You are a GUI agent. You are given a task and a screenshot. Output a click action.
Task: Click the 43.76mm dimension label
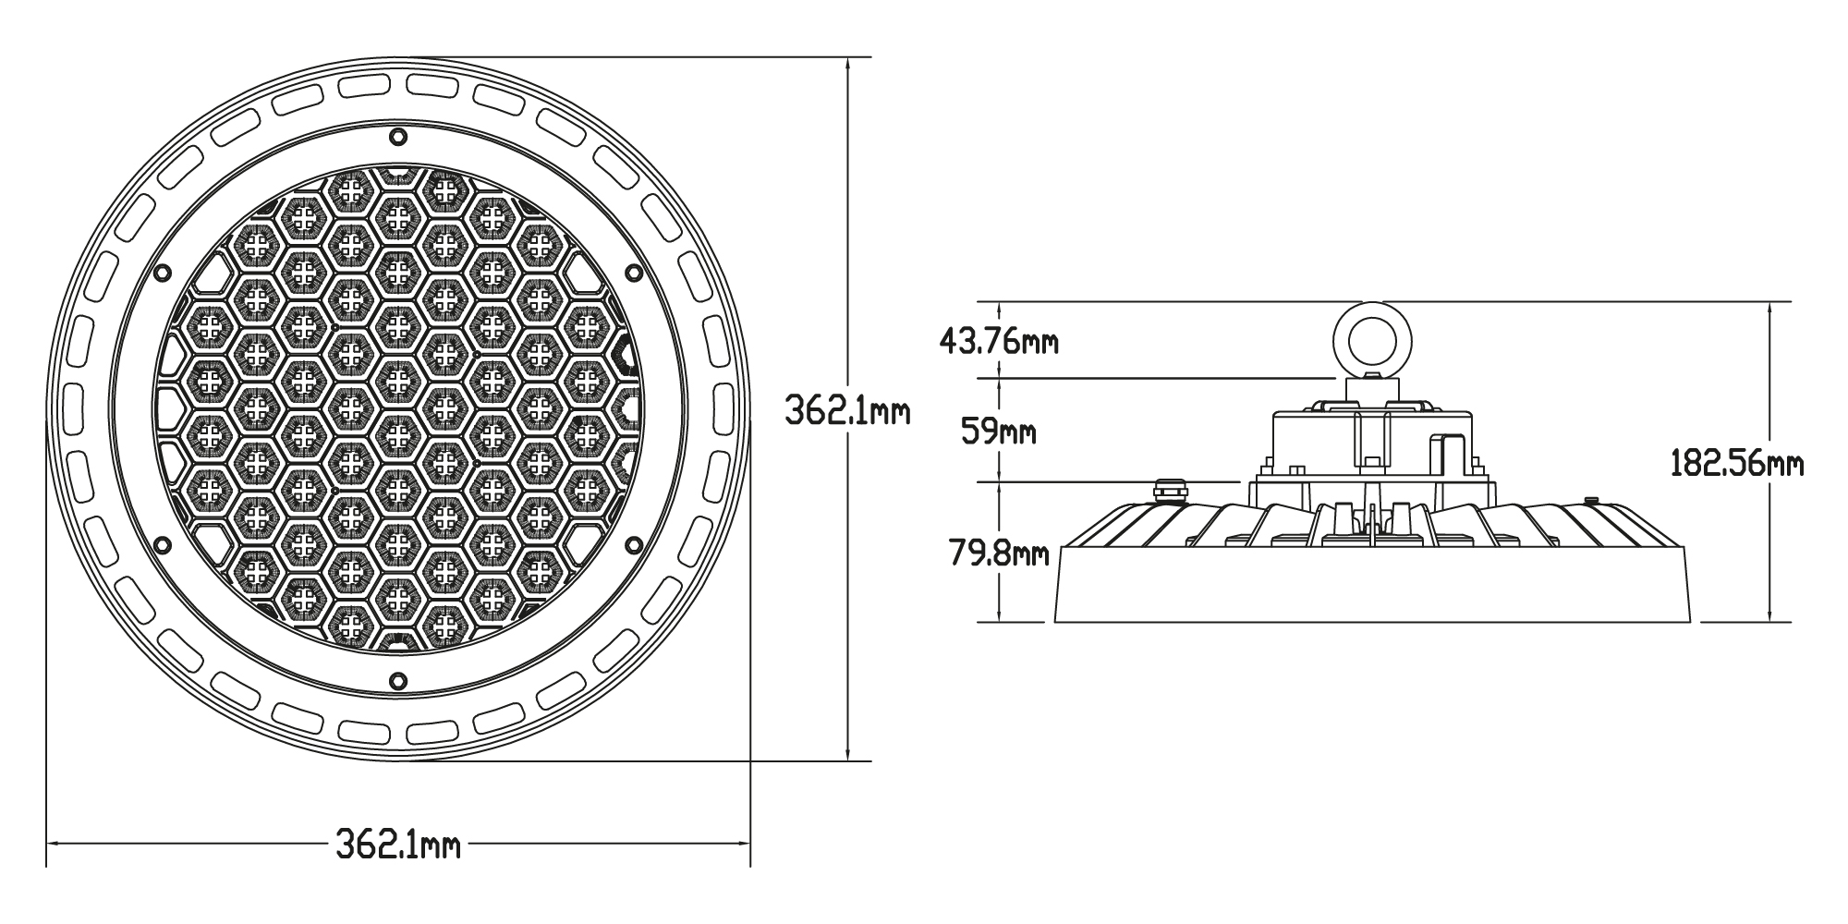(999, 342)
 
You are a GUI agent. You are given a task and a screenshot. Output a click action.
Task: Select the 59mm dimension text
(999, 431)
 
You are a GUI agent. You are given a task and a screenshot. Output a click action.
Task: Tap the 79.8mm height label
(999, 553)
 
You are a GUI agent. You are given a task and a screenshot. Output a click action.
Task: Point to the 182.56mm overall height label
(1737, 463)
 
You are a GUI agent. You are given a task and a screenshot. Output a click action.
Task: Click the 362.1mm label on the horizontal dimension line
(397, 844)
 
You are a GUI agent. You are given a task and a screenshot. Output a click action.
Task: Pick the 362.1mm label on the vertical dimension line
(847, 410)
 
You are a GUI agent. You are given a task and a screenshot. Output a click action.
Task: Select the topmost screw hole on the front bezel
(398, 137)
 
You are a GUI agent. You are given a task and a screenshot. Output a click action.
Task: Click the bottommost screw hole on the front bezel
(398, 679)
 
